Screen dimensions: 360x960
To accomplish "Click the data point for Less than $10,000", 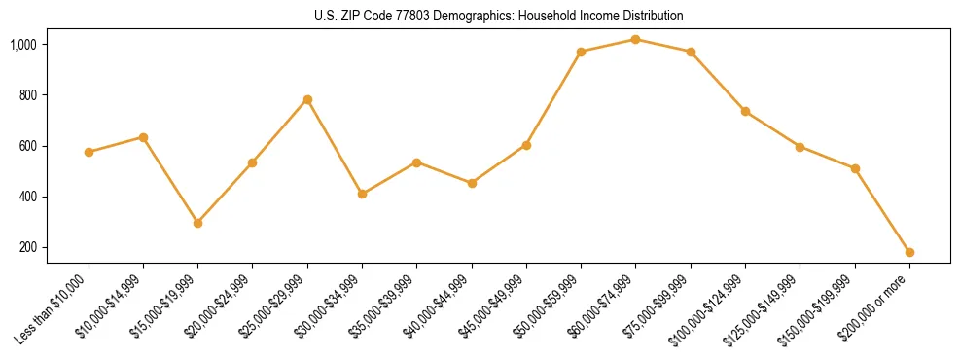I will [89, 152].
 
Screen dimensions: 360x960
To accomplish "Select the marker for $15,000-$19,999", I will [197, 223].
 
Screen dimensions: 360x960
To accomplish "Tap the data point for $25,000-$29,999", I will [307, 99].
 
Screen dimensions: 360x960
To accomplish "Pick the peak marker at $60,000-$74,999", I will [635, 39].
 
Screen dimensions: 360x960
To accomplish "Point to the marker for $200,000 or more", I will [909, 252].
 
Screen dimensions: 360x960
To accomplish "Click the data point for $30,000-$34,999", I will [362, 194].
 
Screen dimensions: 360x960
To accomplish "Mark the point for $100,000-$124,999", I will [745, 111].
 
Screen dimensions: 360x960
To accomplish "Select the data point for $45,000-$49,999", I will [526, 145].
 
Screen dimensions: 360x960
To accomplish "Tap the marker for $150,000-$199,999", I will [855, 168].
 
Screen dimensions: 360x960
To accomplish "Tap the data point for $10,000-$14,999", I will [143, 137].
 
